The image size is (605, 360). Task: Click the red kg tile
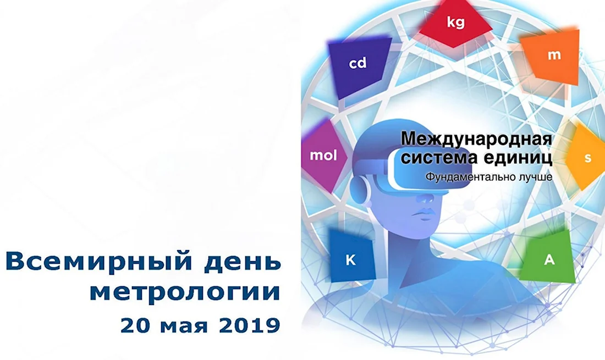click(x=455, y=23)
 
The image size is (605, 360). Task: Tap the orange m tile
click(x=552, y=56)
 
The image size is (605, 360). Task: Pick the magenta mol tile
click(x=323, y=156)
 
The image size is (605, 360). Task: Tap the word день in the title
click(x=241, y=261)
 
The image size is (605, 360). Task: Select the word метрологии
click(x=185, y=292)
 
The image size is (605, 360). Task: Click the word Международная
click(x=476, y=139)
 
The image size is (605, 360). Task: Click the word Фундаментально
click(x=469, y=177)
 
